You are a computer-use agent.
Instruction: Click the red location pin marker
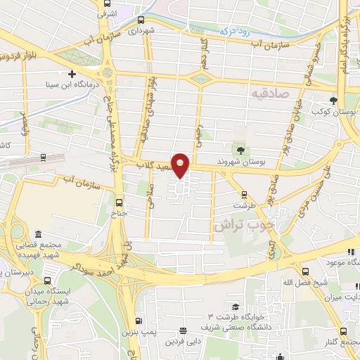point(181,165)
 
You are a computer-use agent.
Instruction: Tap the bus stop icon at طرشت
point(244,195)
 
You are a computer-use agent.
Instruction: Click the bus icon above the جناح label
point(118,202)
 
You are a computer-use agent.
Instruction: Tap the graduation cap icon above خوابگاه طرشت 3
point(235,307)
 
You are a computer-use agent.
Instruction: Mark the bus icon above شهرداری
point(142,20)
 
